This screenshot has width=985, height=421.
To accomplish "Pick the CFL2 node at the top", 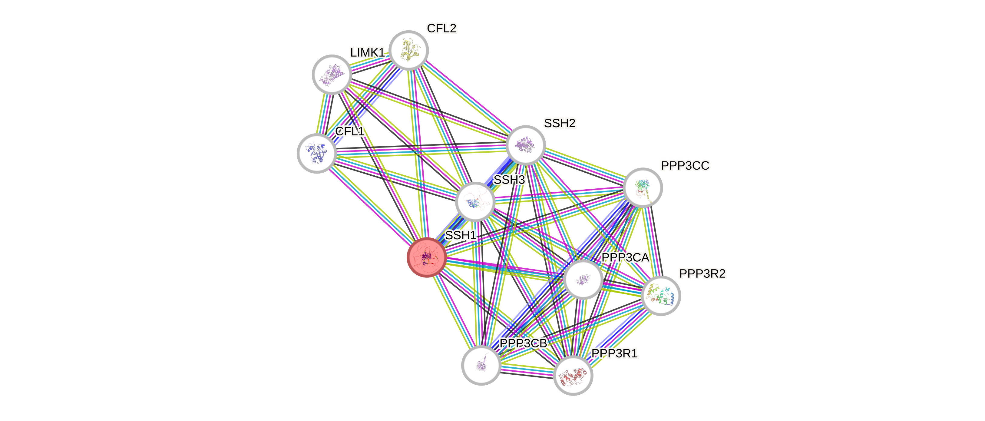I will tap(409, 51).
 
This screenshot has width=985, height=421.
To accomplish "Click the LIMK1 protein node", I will tap(332, 75).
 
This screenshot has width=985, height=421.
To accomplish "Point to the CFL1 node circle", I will tap(317, 153).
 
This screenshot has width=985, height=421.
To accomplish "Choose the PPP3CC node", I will tap(643, 187).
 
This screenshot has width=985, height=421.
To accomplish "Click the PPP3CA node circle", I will tap(583, 280).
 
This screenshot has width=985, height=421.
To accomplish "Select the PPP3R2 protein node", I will tap(661, 296).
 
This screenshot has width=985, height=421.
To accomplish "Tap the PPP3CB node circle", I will tap(481, 365).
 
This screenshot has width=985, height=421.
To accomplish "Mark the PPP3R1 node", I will tap(573, 375).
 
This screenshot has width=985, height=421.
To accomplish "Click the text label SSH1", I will tap(461, 235).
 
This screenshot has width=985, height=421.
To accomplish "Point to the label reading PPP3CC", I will tap(685, 166).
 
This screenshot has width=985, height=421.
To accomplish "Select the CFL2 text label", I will tap(442, 28).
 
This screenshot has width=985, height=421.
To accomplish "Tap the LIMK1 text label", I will tap(367, 52).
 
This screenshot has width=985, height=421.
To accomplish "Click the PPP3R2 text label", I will tap(702, 273).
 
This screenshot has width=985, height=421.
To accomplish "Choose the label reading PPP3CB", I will tap(523, 343).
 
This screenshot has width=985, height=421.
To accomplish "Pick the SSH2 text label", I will tap(559, 123).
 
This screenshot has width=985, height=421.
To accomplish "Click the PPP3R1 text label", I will tap(614, 353).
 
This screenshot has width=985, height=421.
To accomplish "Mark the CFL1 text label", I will tap(349, 131).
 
